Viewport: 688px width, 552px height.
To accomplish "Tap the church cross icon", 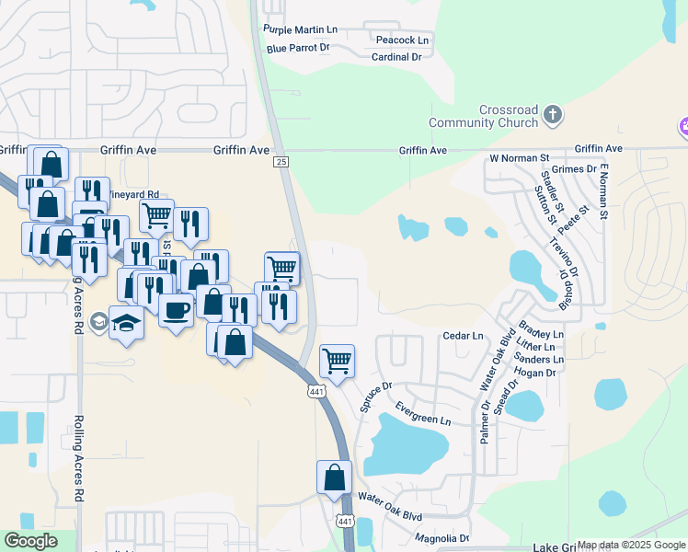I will pos(552,115).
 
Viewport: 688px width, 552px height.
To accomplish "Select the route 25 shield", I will pos(281,162).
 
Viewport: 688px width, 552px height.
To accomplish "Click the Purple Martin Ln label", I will pos(300,30).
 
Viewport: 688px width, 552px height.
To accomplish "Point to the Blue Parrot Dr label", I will pos(297,48).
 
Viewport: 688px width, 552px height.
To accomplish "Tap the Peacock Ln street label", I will pos(403,40).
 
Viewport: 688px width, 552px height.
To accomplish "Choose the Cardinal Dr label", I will pos(396,57).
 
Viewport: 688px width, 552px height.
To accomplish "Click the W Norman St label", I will pos(519,158).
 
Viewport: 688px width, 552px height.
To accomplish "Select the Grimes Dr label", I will pos(574,169).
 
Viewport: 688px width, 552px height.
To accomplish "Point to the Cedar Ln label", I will pos(463,337).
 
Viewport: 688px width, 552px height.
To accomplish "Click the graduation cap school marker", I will pos(126,324).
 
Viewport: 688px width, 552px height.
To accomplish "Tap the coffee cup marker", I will pos(176,309).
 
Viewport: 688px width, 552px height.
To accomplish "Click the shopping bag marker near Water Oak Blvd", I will pos(334,477).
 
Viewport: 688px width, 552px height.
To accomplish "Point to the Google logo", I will pos(31,541).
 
